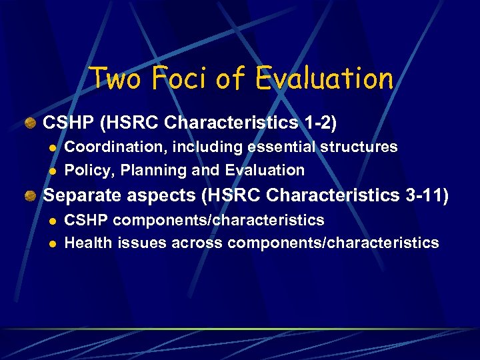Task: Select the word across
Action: (197, 243)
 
